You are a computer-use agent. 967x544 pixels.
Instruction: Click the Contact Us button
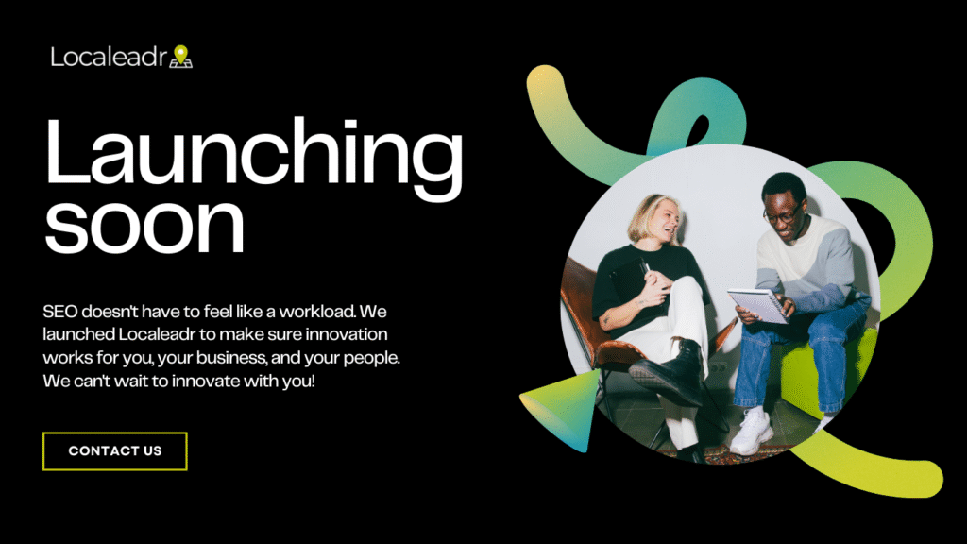114,451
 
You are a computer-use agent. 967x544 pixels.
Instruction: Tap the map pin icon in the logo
180,56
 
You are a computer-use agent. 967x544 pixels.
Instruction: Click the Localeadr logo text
109,58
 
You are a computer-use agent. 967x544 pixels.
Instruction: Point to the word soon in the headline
144,225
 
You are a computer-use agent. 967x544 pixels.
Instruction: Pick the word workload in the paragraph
317,312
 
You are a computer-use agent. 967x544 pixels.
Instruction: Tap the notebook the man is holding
758,305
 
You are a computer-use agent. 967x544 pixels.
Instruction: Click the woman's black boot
670,373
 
